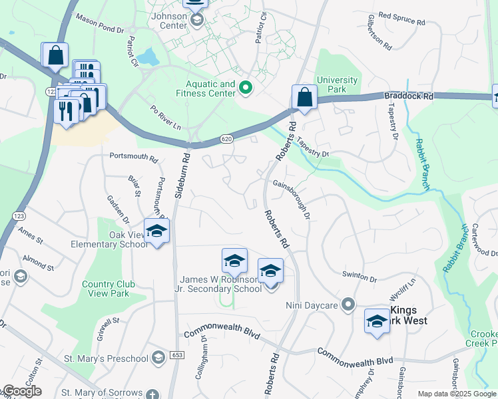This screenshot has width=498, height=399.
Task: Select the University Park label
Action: [x=337, y=85]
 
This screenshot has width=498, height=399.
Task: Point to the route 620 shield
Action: [x=228, y=140]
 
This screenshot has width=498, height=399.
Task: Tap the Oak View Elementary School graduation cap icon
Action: [x=156, y=231]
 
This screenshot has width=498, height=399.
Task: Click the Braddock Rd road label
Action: [x=409, y=96]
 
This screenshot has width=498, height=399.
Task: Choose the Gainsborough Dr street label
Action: [x=292, y=199]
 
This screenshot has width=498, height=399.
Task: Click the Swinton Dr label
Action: [x=360, y=275]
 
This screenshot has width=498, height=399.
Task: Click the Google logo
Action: [x=22, y=391]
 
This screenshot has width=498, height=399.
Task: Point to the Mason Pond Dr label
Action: [x=100, y=24]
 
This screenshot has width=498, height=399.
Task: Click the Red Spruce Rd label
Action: [x=405, y=15]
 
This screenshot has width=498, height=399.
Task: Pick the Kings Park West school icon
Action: [x=377, y=321]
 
